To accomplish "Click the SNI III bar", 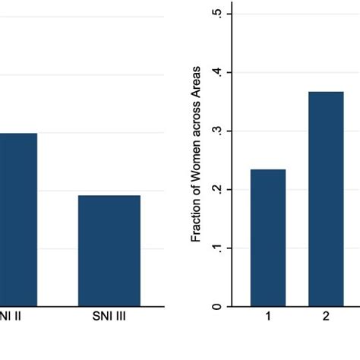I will pos(109,251).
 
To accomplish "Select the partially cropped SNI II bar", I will pos(17,219).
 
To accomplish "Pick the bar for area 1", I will pos(267,238).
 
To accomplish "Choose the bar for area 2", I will pos(326,199).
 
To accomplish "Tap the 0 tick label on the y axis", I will pos(217,306).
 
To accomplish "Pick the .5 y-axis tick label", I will pos(217,15).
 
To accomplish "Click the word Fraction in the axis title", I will pos(196,220).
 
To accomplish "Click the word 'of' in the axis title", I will pos(196,191).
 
